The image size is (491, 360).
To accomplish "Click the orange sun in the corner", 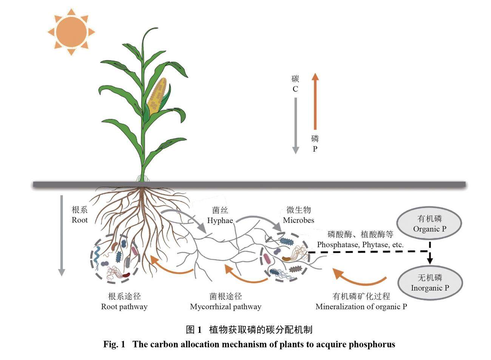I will coord(71,32).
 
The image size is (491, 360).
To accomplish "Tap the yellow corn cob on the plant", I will coord(157,96).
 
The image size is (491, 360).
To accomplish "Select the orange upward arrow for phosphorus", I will coord(315,102).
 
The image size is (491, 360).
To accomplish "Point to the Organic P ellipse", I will coord(430,224).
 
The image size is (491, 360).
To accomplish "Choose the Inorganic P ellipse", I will coord(430,283).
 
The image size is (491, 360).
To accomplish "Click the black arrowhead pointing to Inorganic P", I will coord(430,260).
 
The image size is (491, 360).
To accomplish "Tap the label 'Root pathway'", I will coord(124,306).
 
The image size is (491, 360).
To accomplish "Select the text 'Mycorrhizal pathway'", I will coord(225,306).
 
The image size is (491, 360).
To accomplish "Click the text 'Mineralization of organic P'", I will coord(361,306).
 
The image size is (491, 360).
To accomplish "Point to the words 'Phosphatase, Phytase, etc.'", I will coord(360,245).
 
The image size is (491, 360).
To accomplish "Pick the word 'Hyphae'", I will coord(220,220).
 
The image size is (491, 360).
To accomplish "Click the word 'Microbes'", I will coord(298,220).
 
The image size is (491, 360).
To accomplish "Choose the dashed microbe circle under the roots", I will coord(115,260).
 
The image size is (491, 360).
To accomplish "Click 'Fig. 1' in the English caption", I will coord(114,344).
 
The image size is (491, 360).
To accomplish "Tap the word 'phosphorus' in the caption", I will coord(372,344).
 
